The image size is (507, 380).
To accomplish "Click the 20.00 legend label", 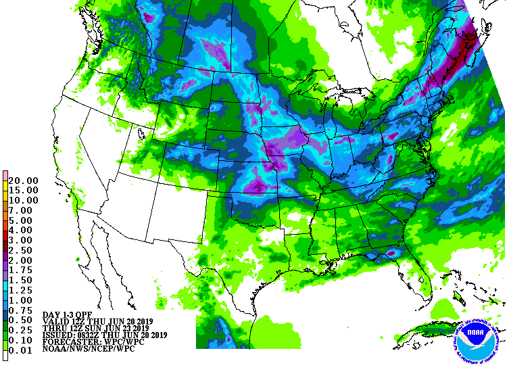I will coord(24,181).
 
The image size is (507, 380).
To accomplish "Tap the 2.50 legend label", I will coord(21,250).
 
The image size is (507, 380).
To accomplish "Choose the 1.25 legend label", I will coord(21,289).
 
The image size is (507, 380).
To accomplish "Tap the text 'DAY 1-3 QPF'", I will coord(68,315).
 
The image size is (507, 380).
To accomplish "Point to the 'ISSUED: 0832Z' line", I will coord(104,335).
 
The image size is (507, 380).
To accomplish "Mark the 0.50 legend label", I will coord(21,319).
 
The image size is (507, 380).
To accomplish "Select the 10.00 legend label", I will coord(24,201).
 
